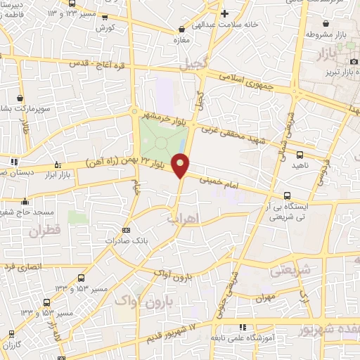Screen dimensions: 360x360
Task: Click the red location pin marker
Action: pos(181,165)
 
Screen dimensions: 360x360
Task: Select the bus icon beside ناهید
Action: pos(301,155)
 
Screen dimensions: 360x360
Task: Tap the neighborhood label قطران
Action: pos(46,230)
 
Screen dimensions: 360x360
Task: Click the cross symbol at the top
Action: pos(225,13)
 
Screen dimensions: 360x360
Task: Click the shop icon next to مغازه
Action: pos(183,30)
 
